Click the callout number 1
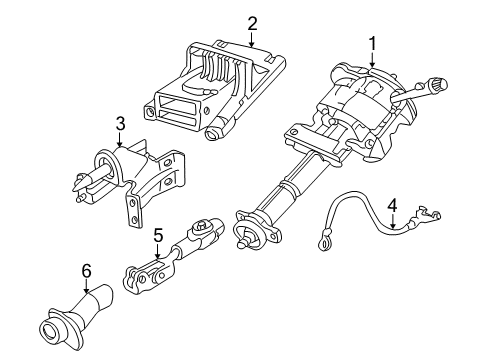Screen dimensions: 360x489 click(x=372, y=43)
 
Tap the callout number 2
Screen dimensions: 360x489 click(x=252, y=22)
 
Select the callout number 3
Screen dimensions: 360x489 click(x=120, y=123)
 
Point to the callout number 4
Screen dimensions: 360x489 click(x=392, y=205)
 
